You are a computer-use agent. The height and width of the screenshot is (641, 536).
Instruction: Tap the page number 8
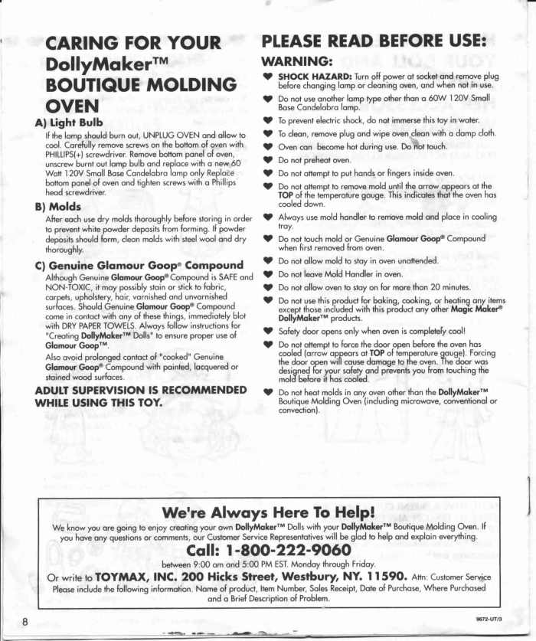click(x=26, y=620)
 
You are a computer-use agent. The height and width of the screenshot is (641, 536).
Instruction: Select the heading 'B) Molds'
click(x=57, y=206)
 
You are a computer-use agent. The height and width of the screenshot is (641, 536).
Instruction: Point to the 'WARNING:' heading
click(x=296, y=61)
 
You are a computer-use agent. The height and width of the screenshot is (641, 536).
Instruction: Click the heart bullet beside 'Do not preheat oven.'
click(x=266, y=160)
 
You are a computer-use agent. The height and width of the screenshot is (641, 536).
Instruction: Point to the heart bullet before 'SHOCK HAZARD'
click(x=266, y=77)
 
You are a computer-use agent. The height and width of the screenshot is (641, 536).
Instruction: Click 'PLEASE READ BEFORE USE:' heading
click(x=374, y=41)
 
